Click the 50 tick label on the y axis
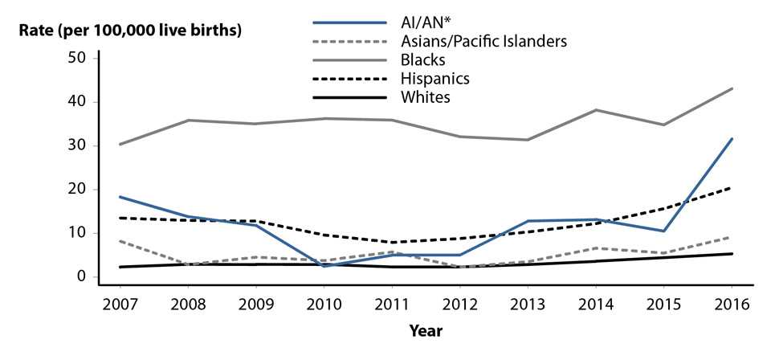(77, 59)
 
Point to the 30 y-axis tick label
(77, 145)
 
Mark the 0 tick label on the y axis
(81, 276)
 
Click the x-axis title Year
(426, 329)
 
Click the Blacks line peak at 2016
(732, 88)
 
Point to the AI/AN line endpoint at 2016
(732, 139)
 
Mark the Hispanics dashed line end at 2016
(732, 187)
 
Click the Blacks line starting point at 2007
(119, 145)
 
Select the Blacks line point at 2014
(596, 110)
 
